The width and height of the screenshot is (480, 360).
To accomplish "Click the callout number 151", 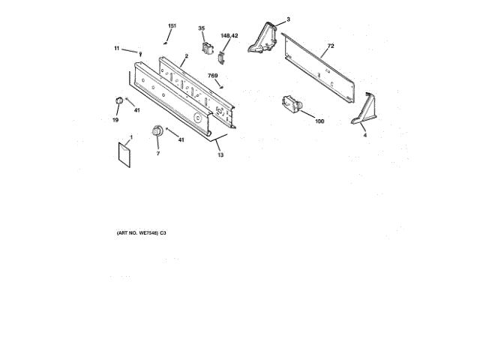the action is tap(172, 26).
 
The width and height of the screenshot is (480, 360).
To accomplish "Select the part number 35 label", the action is tap(201, 28).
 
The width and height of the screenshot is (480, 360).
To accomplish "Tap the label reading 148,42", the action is tap(229, 35).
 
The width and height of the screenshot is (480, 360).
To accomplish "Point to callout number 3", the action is tap(289, 18).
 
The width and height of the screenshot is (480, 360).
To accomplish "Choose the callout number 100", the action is tap(319, 121).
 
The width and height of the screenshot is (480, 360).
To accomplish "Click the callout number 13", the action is tap(220, 155).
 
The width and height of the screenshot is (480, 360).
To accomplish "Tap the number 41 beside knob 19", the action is tap(137, 111).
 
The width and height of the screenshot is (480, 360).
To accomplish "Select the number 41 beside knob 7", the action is tap(181, 139).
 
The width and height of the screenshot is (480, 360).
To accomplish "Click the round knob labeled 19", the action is tap(118, 101).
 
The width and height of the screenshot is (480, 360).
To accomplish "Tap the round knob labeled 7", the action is tap(157, 133).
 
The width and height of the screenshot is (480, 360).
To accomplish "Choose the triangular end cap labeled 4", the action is tap(362, 110).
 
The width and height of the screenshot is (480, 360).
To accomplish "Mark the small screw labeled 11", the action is tap(141, 52).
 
